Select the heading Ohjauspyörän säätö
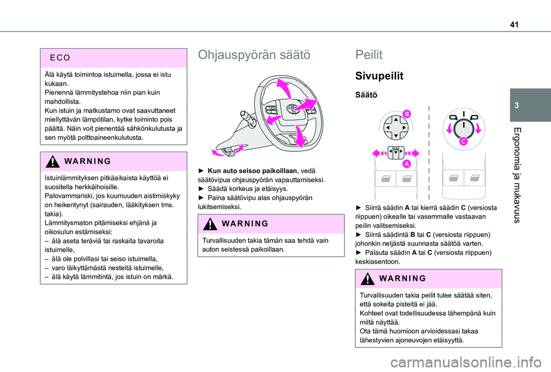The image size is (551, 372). pos(254,55)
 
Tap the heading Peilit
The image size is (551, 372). pos(369,55)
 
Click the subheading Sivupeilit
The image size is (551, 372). pos(379,76)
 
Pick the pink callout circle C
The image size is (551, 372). pos(463,142)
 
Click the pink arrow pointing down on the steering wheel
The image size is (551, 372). pos(300,135)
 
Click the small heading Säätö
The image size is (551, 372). pos(367,95)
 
